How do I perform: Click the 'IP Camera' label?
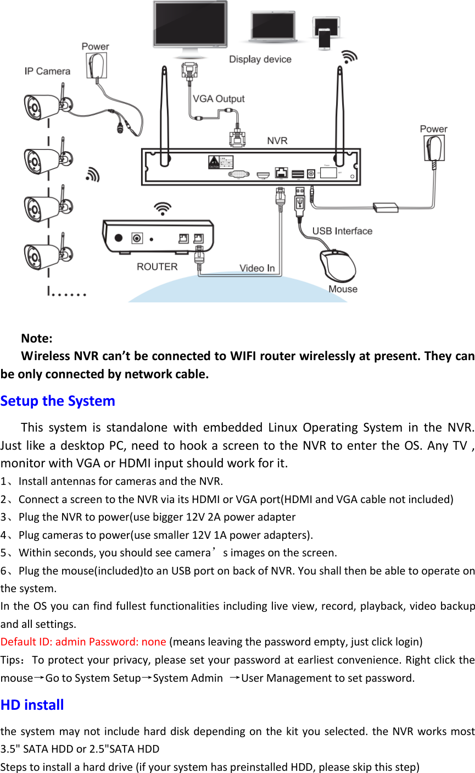47,71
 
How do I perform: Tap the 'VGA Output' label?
219,99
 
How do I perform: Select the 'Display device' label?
260,59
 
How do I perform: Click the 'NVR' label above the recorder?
277,141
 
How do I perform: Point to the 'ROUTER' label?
157,267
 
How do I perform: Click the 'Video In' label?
256,268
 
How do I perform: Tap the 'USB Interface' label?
342,231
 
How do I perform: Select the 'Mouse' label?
343,289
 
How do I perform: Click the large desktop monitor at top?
189,26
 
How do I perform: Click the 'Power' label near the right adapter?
433,129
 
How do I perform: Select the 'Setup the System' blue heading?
58,401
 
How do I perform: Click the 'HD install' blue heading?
32,705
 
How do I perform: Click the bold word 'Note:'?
37,338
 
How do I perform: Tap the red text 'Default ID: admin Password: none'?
83,642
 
